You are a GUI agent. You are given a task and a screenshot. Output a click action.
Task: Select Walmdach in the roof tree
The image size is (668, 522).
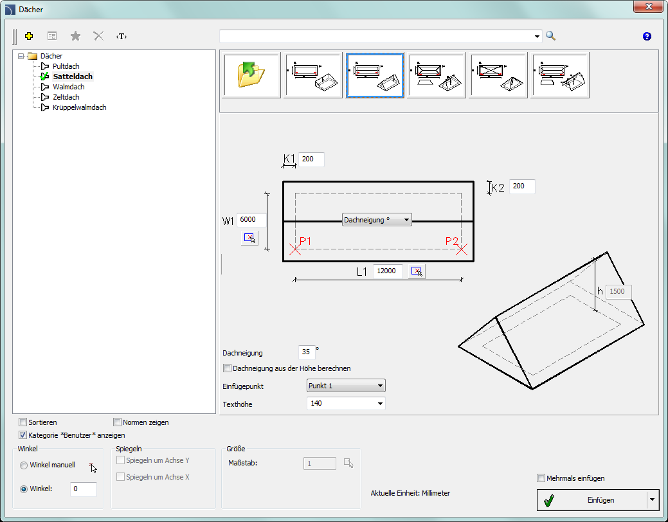tap(69, 87)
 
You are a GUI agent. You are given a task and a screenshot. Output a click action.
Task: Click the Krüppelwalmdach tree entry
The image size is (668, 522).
tap(79, 107)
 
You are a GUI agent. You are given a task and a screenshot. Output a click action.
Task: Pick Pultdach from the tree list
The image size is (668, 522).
tap(66, 66)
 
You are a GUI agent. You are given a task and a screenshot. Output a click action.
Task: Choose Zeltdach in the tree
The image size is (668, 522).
tap(66, 97)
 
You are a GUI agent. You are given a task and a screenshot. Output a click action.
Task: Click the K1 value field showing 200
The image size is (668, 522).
tap(311, 159)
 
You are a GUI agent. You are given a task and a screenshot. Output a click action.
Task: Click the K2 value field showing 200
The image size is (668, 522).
tap(522, 186)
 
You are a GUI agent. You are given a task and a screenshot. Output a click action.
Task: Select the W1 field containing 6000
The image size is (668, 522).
tap(251, 220)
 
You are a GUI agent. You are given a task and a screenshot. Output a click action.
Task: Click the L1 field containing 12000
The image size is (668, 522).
tap(388, 271)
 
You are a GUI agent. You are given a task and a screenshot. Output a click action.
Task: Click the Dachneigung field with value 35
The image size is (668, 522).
tap(307, 352)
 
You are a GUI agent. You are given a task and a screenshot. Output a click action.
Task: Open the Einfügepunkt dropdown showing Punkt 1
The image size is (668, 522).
tap(346, 386)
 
